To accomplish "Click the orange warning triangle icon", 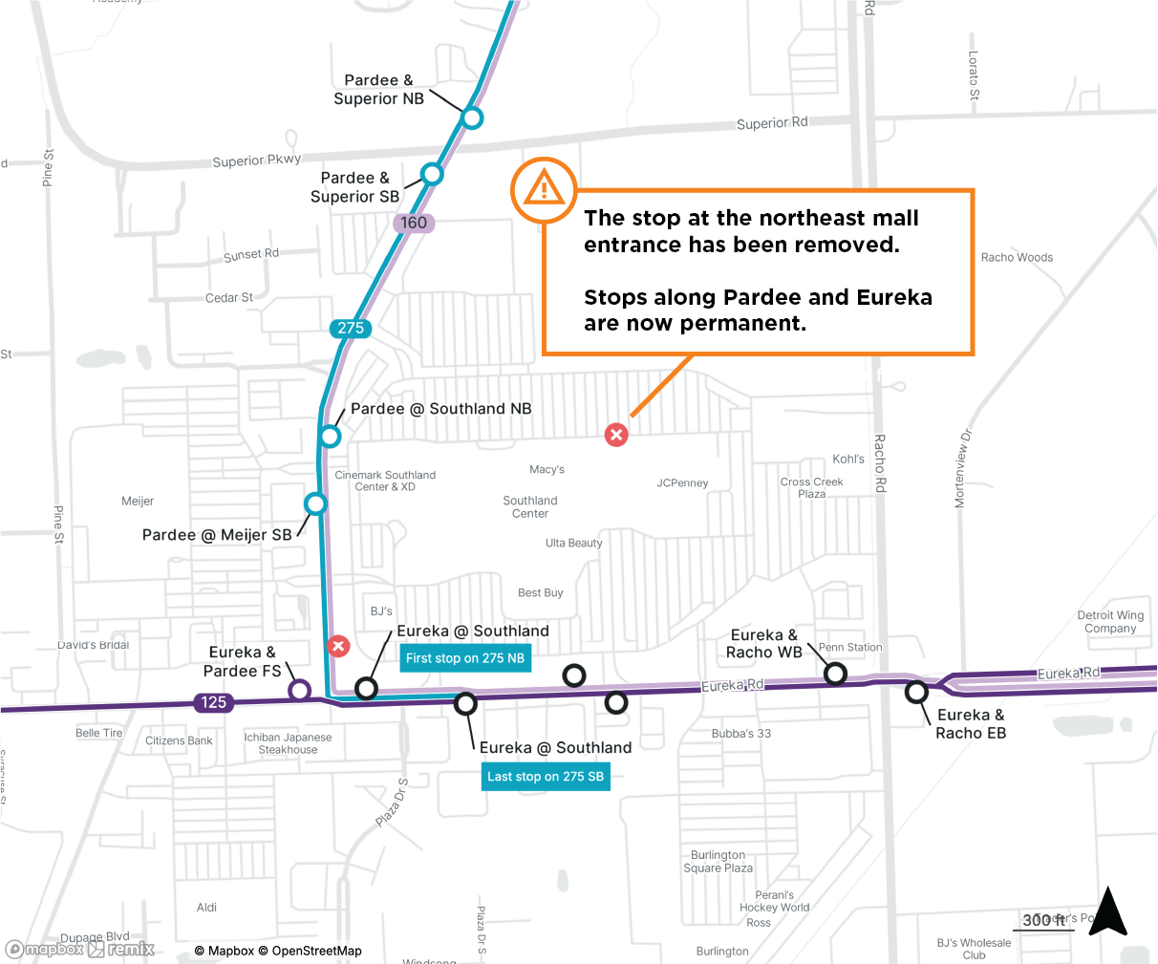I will [545, 189].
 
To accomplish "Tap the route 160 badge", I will [414, 223].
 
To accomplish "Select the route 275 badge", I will [351, 328].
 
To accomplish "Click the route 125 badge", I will [213, 702].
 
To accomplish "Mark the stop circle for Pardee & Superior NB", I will [471, 118].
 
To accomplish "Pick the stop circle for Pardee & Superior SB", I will [432, 174].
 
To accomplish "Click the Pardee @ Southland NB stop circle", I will [330, 437].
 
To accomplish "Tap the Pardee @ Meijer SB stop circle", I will [315, 503].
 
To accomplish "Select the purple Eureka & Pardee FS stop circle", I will [299, 690].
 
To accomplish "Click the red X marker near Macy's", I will [616, 435].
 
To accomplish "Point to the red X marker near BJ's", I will [338, 646].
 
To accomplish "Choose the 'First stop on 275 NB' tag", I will [464, 658].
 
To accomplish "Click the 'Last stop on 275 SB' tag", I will [546, 777].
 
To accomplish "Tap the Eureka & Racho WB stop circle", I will [835, 674].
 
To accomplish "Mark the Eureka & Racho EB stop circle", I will [916, 691].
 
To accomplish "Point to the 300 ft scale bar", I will [1043, 922].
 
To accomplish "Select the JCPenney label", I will [682, 483].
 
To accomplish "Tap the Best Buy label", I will [540, 593].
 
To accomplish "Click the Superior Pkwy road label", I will [256, 161].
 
